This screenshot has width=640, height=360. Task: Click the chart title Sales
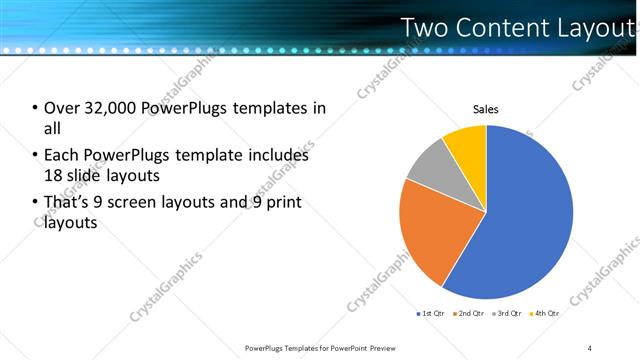pos(486,109)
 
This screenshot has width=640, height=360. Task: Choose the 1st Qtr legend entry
pos(432,313)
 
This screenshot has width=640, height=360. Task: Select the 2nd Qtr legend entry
pos(471,313)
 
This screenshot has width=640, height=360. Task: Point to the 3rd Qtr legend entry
pos(508,313)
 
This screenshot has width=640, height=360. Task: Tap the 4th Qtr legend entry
pos(546,313)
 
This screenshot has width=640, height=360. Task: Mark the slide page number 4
pos(590,348)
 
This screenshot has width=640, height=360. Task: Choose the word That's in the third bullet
pos(67,204)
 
